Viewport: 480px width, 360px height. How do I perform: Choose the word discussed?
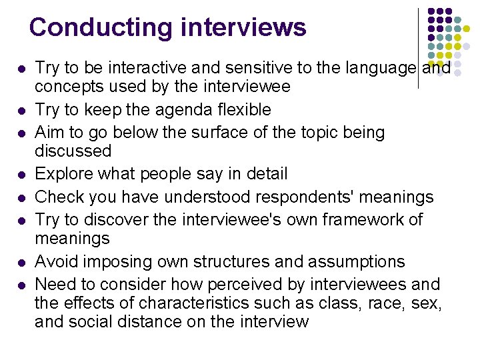coord(73,151)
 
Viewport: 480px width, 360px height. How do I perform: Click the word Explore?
coord(61,175)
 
